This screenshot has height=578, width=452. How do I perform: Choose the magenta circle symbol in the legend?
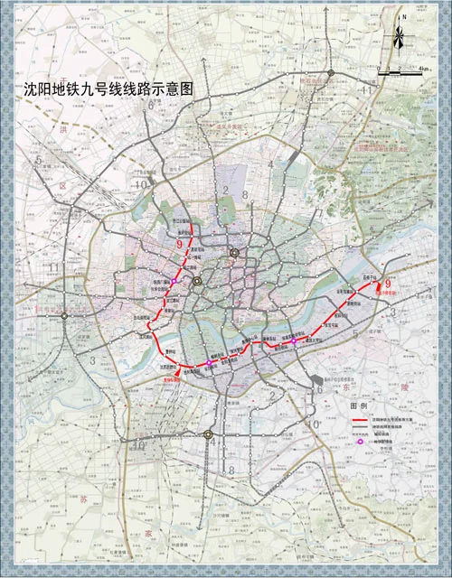click(361, 452)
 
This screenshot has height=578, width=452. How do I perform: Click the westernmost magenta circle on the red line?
click(210, 363)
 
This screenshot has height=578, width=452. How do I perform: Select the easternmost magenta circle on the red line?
click(294, 340)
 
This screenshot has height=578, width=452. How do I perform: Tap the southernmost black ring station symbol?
click(208, 434)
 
